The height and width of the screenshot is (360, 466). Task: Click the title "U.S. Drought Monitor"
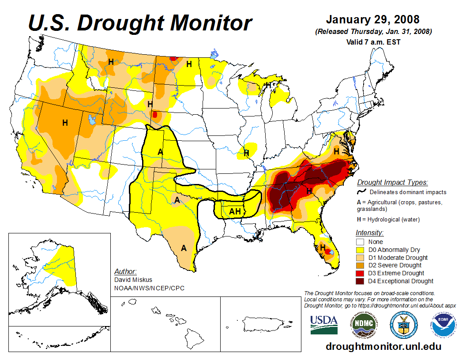pyautogui.click(x=140, y=23)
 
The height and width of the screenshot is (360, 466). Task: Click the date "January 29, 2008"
pyautogui.click(x=372, y=20)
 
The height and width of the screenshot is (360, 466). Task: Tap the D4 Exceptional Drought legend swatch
pyautogui.click(x=360, y=281)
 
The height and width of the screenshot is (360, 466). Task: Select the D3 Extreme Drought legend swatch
pyautogui.click(x=360, y=273)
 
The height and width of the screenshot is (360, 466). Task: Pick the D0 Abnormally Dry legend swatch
pyautogui.click(x=360, y=250)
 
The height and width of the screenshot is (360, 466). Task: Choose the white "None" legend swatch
pyautogui.click(x=360, y=242)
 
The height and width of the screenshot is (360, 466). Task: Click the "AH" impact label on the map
pyautogui.click(x=235, y=212)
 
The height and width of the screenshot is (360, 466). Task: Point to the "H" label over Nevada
pyautogui.click(x=65, y=123)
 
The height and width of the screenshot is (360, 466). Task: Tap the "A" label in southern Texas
pyautogui.click(x=184, y=248)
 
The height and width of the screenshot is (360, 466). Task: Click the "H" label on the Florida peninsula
pyautogui.click(x=323, y=247)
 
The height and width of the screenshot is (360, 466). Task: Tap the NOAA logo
pyautogui.click(x=442, y=326)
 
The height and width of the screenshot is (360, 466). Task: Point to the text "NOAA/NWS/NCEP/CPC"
pyautogui.click(x=149, y=288)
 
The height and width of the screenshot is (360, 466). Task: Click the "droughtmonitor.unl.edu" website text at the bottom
pyautogui.click(x=383, y=346)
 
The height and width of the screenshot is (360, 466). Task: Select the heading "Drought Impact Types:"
pyautogui.click(x=392, y=183)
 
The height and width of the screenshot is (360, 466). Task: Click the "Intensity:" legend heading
pyautogui.click(x=369, y=232)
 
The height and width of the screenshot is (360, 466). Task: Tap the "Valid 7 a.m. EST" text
pyautogui.click(x=373, y=42)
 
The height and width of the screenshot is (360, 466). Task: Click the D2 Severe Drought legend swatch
pyautogui.click(x=360, y=265)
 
